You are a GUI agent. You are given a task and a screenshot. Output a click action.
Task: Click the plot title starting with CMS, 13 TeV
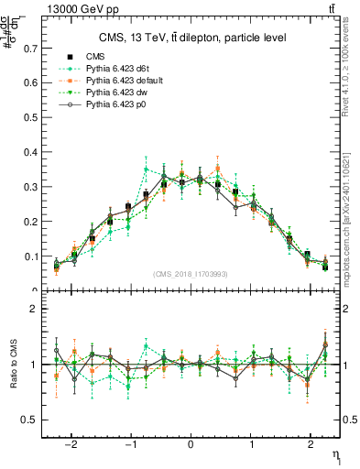coord(191,38)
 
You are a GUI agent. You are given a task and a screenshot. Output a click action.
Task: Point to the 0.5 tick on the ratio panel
coord(31,420)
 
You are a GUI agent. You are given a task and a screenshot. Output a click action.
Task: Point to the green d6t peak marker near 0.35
coord(147,169)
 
